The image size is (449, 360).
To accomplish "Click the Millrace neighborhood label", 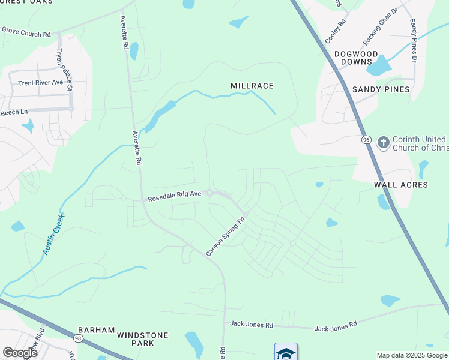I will [252, 86].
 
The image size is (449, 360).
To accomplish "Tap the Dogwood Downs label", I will [357, 58].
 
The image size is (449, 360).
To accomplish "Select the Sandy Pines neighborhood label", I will [381, 89].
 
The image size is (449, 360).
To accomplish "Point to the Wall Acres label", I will [401, 185].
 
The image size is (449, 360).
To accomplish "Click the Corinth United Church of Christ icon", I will [383, 143].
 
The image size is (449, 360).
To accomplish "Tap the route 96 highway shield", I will [366, 140].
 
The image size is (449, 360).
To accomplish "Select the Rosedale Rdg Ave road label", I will [174, 196].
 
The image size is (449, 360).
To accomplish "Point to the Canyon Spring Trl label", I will [227, 237].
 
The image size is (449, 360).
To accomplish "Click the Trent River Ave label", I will [40, 83].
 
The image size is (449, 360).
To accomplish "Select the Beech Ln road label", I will [14, 112].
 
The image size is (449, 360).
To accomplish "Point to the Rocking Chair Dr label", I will [381, 27].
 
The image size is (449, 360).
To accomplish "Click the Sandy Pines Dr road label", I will [414, 40].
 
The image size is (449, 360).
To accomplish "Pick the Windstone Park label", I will [143, 339].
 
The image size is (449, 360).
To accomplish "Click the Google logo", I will [20, 353].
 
